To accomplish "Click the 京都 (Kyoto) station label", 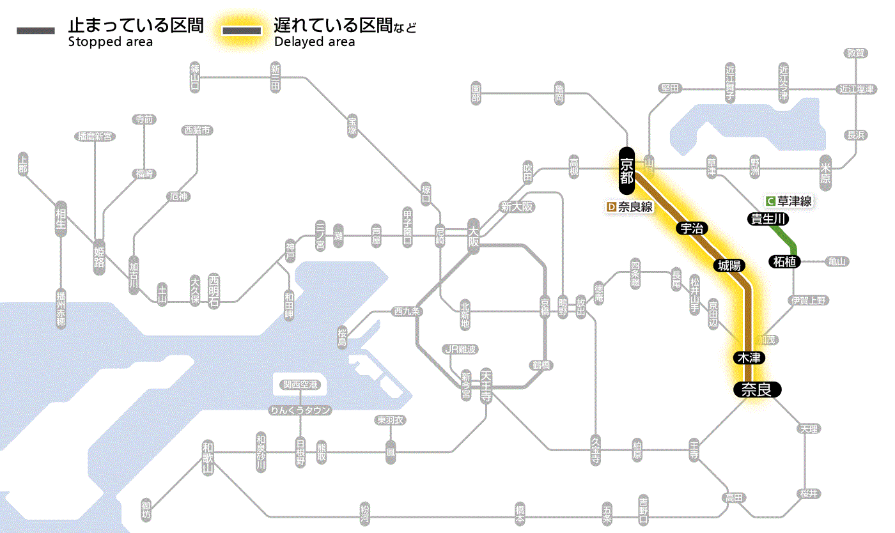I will [626, 171].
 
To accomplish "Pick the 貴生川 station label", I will [768, 219].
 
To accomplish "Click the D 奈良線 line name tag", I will [630, 207].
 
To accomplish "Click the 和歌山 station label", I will [207, 457].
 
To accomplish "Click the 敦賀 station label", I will [856, 53].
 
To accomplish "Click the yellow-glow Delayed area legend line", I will [242, 30].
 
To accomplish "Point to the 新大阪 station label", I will [517, 206].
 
